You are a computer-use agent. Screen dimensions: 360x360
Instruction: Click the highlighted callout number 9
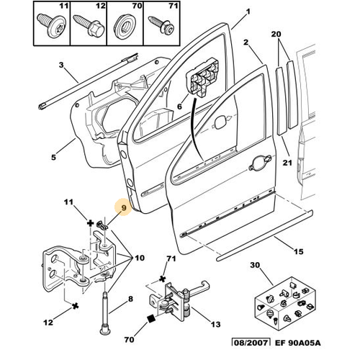[124, 207]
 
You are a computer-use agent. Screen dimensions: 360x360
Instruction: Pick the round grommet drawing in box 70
[125, 27]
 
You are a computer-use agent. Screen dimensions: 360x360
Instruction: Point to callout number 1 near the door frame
[248, 12]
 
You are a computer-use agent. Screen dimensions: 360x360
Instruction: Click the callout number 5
[53, 158]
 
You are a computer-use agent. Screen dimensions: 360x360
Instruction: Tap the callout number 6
[179, 107]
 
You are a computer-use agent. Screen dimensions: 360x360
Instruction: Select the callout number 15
[299, 251]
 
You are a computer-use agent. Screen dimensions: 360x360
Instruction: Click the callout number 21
[287, 163]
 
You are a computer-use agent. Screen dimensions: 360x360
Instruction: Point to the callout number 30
[255, 265]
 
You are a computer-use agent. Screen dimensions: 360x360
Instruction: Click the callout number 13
[215, 324]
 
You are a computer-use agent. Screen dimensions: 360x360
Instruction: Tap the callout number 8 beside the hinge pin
[130, 299]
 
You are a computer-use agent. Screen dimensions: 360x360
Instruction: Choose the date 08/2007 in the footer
[251, 343]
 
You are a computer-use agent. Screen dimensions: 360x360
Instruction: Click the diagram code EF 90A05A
[297, 343]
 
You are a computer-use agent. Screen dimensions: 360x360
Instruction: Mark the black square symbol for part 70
[151, 319]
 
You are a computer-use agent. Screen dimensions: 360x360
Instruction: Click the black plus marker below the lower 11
[90, 224]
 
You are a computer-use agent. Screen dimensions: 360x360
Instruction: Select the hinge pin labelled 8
[105, 313]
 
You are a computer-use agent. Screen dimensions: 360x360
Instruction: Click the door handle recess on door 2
[260, 163]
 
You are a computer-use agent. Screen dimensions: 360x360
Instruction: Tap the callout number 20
[276, 34]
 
